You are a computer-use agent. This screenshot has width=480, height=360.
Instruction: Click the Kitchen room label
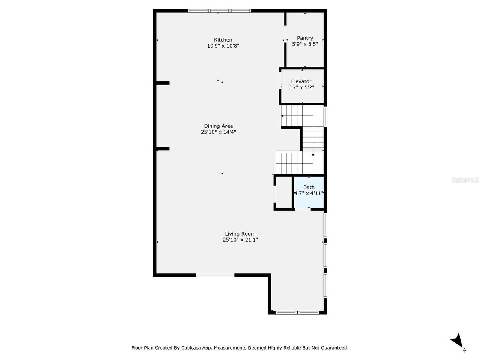click(x=223, y=40)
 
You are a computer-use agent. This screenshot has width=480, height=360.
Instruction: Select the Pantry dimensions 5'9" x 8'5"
click(x=305, y=44)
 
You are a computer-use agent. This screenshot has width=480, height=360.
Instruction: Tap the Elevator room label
click(x=301, y=81)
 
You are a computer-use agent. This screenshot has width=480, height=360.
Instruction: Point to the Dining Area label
click(x=218, y=126)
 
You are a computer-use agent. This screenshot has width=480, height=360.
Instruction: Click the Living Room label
click(x=240, y=234)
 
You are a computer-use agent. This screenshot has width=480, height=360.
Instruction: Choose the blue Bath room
click(x=309, y=199)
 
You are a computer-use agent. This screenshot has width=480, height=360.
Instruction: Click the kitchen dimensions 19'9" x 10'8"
click(x=223, y=46)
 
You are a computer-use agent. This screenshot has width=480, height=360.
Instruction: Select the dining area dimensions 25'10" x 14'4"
click(x=218, y=132)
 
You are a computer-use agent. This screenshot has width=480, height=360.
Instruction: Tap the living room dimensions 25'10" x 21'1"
click(x=240, y=240)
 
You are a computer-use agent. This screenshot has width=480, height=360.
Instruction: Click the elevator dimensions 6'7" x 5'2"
click(x=301, y=87)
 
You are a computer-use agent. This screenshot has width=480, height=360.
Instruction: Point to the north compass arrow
click(x=457, y=340)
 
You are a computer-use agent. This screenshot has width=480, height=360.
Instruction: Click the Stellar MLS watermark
click(x=465, y=180)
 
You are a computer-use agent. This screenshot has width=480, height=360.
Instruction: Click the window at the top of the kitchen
click(x=219, y=11)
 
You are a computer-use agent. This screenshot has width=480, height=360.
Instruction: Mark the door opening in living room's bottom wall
click(x=215, y=275)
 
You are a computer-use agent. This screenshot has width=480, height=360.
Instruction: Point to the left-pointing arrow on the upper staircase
click(x=282, y=116)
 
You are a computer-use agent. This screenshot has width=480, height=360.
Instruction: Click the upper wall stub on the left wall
click(x=162, y=83)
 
